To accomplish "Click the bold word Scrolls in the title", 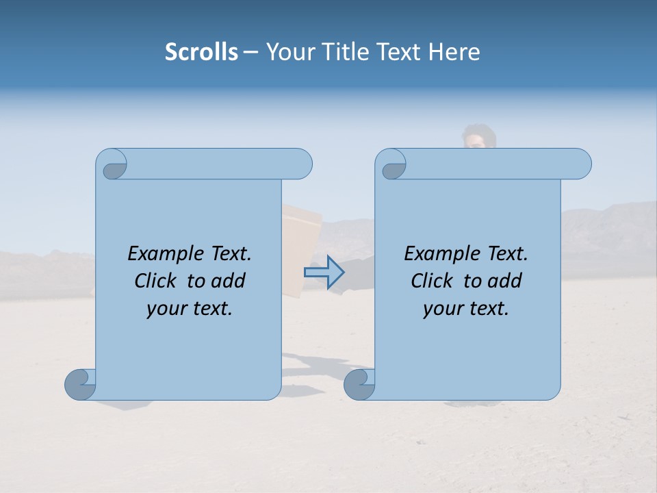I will (x=201, y=52).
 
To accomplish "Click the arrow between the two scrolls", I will (x=324, y=273).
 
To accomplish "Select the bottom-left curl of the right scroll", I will (x=359, y=385).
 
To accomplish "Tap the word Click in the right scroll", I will (x=433, y=281).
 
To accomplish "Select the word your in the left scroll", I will (x=166, y=309).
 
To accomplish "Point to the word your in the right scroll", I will (x=442, y=309).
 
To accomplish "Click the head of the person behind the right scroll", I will (x=478, y=136).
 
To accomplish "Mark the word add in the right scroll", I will (x=504, y=281).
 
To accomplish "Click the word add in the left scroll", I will (x=228, y=281).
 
